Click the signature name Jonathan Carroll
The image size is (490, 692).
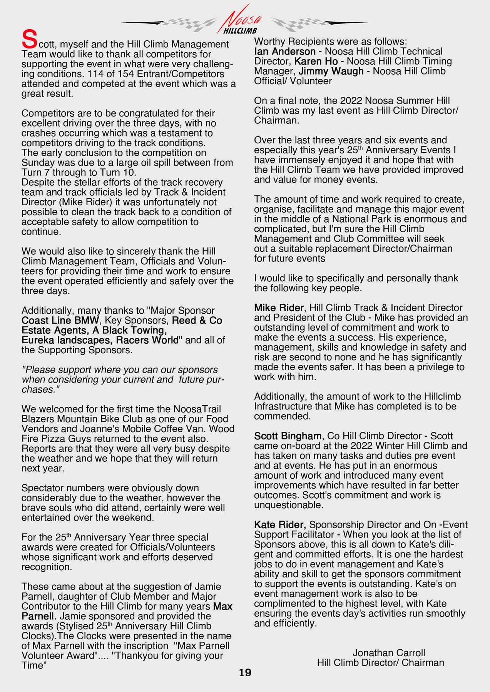coord(389,653)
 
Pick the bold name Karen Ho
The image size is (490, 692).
coord(316,62)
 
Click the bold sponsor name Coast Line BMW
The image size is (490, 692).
coord(60,321)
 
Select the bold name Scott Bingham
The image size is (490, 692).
coord(287,436)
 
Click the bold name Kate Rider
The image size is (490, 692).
coord(280,525)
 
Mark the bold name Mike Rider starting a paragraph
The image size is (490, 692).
coord(279,308)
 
